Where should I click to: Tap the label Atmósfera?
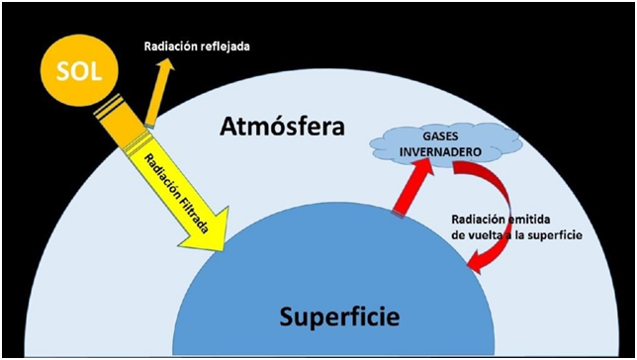(x=282, y=127)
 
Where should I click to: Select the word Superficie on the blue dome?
(x=339, y=316)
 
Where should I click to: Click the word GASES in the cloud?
(x=440, y=136)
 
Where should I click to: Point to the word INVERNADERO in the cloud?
(x=441, y=152)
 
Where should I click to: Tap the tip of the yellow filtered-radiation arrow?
(x=223, y=250)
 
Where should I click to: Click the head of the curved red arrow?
(x=476, y=262)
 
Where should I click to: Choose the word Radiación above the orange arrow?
(x=170, y=46)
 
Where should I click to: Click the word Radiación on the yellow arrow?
(x=160, y=172)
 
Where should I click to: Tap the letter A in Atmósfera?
(x=229, y=128)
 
